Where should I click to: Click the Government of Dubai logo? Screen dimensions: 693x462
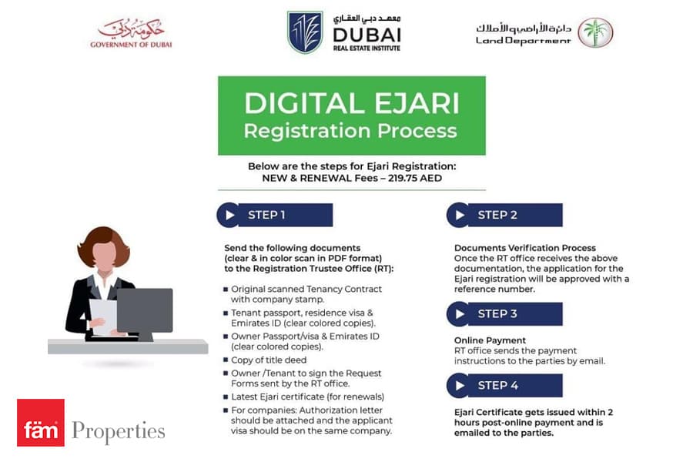tap(131, 32)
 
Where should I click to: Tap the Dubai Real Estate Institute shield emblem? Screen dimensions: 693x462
tap(305, 32)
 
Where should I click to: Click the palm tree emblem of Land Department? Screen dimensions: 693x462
tap(595, 32)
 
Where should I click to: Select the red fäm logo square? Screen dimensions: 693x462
tap(41, 423)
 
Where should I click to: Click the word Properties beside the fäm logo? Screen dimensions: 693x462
tap(119, 431)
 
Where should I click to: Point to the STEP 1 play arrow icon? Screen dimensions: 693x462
tap(229, 216)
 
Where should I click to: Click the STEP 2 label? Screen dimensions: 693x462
tap(497, 215)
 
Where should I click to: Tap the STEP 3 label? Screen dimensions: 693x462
tap(497, 314)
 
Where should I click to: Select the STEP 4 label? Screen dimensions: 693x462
tap(497, 386)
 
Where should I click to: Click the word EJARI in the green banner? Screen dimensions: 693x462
tap(417, 103)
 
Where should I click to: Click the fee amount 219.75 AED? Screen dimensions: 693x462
tap(415, 178)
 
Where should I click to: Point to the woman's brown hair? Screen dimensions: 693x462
tap(103, 245)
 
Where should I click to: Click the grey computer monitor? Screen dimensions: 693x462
tap(145, 310)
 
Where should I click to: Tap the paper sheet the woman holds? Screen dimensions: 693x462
tap(103, 316)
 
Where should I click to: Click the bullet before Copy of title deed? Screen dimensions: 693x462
tap(226, 360)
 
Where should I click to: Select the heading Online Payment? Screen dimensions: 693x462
tap(490, 340)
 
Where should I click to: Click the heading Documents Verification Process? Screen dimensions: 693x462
tap(524, 248)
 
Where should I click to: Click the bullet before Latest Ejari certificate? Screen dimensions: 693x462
tap(226, 397)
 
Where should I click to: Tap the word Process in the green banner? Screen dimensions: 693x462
tap(417, 132)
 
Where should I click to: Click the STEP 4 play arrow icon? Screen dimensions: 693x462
tap(460, 386)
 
